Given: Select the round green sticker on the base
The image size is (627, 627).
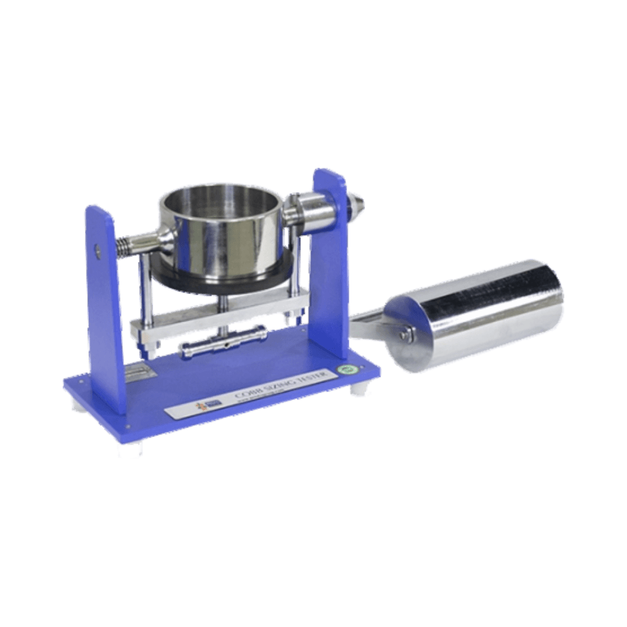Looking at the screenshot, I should pos(344,370).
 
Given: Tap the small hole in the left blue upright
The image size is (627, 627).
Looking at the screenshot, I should pos(98,250).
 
